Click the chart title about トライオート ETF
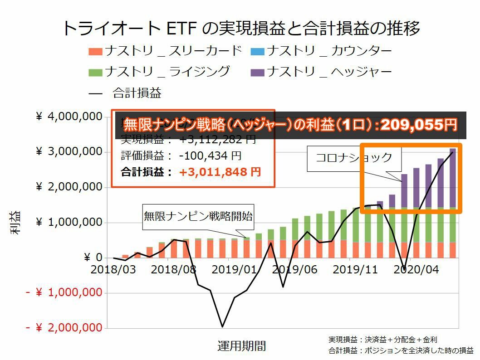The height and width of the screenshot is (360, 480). (240, 28)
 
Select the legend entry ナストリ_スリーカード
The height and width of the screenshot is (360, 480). (165, 51)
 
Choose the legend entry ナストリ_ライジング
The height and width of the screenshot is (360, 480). (159, 72)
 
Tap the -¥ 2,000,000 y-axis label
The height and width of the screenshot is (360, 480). (64, 328)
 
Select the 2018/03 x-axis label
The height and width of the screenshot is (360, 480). (113, 269)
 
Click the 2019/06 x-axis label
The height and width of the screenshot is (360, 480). (295, 269)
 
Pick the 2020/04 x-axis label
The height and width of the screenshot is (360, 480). (416, 269)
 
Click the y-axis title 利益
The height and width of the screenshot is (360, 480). (15, 223)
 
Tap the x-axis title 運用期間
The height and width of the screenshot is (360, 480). (241, 346)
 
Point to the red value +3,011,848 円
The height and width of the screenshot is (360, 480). (220, 172)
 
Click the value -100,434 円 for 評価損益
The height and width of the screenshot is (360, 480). (210, 156)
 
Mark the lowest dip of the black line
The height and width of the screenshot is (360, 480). (222, 326)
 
